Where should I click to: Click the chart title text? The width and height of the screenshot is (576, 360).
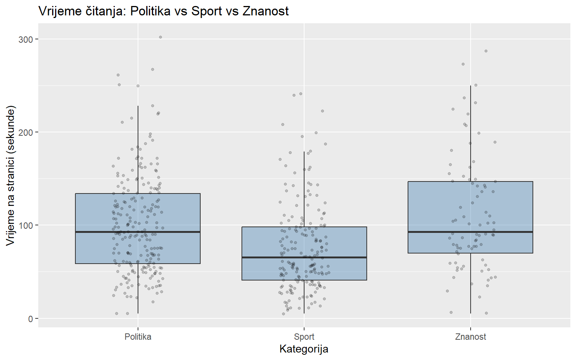[163, 11]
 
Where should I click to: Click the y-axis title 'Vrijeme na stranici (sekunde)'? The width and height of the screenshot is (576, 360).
[10, 175]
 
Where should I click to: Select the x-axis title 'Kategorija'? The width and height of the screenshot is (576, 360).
[304, 349]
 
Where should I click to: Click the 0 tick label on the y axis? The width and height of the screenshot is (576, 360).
[30, 319]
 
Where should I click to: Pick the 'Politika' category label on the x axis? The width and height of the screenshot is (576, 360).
[138, 337]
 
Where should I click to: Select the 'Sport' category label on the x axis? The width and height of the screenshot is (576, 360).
[304, 337]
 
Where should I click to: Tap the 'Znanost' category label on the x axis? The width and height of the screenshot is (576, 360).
[470, 337]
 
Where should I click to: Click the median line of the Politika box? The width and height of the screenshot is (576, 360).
[138, 232]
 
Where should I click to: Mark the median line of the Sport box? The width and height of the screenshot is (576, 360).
[304, 257]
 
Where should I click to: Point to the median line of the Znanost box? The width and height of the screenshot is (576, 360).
[470, 232]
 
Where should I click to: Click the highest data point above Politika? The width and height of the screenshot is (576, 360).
[160, 37]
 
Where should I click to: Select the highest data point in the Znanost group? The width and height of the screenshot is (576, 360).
[486, 51]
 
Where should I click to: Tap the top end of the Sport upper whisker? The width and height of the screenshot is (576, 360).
[304, 151]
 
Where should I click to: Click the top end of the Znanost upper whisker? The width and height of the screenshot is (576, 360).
[471, 86]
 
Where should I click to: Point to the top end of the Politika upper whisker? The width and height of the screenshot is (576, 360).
[138, 106]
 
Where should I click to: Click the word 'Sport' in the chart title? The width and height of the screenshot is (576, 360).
[206, 11]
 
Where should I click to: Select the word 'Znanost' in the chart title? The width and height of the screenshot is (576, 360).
[265, 11]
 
